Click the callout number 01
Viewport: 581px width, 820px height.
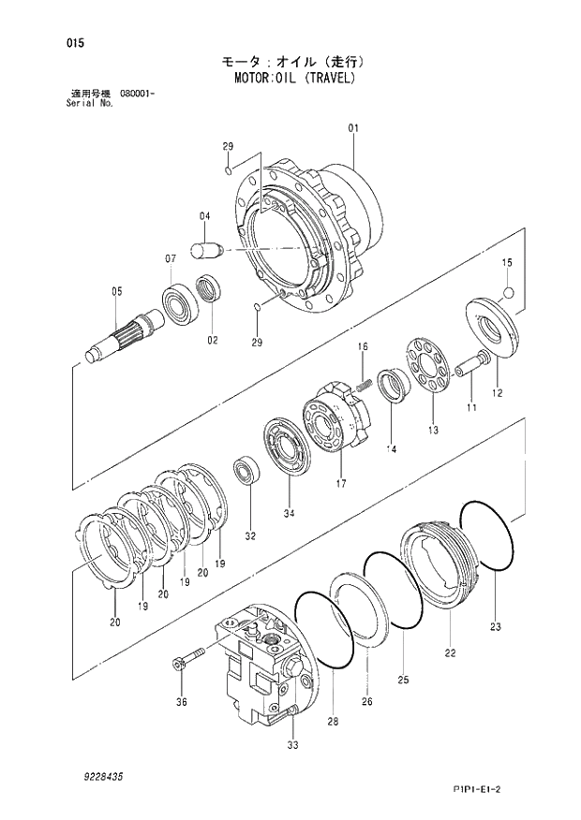353,127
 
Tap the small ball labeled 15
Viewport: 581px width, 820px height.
508,294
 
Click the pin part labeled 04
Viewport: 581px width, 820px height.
205,250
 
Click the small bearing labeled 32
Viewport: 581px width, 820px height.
248,470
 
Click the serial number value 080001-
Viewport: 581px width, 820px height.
138,94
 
